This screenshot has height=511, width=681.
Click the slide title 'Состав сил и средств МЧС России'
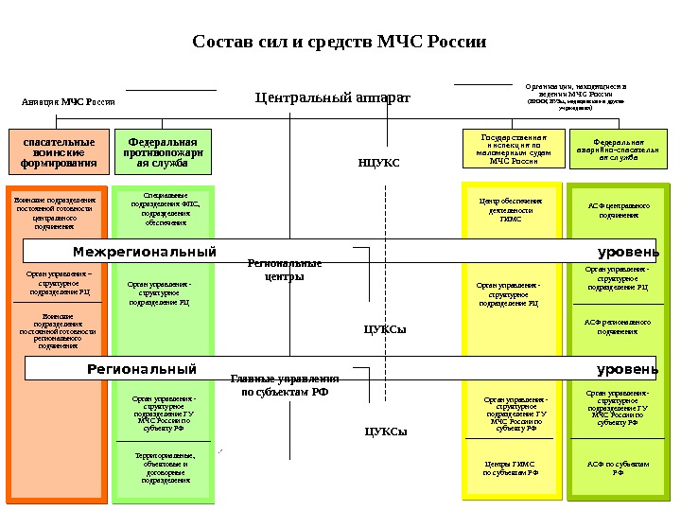[339, 43]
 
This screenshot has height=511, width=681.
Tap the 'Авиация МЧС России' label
[68, 101]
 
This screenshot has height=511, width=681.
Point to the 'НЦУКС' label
[378, 163]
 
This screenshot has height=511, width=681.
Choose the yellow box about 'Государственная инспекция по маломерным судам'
[513, 149]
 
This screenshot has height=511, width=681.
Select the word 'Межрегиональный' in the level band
[145, 252]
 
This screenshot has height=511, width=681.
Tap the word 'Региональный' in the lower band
[142, 369]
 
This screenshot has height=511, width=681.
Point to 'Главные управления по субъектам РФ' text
[285, 384]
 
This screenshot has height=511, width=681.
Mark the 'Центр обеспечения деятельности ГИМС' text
[511, 209]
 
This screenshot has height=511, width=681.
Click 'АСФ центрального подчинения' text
[619, 209]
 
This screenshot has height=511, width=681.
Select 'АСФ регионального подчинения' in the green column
[618, 326]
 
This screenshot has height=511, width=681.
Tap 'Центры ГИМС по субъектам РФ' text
[510, 467]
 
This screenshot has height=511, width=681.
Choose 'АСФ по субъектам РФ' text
[618, 467]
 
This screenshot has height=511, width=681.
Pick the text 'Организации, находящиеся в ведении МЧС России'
[575, 95]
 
